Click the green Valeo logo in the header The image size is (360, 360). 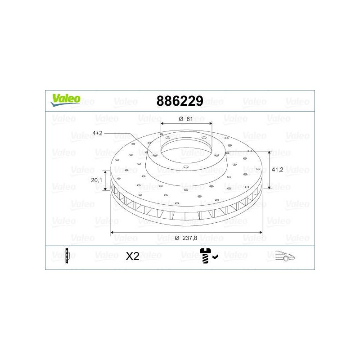click(66, 100)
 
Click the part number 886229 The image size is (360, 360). click(180, 101)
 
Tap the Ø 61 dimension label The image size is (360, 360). click(186, 119)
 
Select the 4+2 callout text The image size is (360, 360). click(97, 133)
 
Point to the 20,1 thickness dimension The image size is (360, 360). click(96, 180)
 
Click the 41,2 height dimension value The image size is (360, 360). click(277, 170)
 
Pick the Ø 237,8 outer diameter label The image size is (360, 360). click(186, 238)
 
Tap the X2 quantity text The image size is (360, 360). click(132, 256)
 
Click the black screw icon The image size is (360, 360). click(205, 256)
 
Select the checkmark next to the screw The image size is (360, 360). click(216, 256)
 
